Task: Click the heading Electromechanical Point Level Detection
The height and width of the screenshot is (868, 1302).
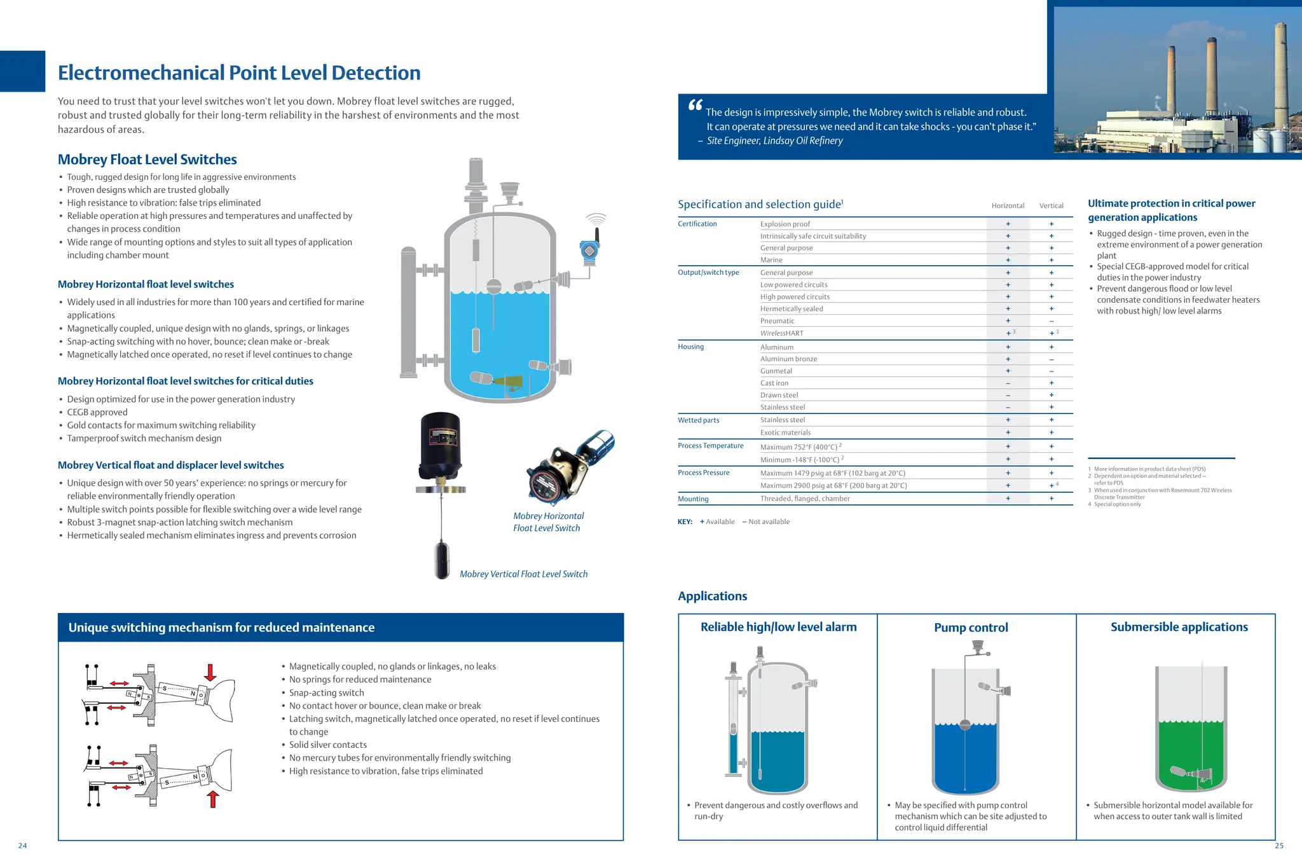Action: (239, 73)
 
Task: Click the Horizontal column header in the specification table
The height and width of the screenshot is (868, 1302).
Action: (1008, 205)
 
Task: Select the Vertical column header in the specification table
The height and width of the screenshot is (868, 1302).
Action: (1051, 205)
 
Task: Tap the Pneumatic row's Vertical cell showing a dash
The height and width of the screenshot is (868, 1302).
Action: (1051, 321)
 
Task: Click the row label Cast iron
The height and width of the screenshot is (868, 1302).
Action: (774, 383)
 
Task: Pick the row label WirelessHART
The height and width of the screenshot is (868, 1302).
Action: (781, 333)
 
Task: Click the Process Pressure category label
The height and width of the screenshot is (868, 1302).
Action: (703, 472)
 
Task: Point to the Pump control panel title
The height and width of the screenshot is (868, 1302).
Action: (971, 628)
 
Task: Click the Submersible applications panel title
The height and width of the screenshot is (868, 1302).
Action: (1179, 627)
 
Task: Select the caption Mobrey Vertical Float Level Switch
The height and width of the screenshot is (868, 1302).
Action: (523, 574)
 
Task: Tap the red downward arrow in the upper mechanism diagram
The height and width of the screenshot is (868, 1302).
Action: (210, 672)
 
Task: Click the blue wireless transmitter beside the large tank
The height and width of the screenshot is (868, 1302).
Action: (590, 251)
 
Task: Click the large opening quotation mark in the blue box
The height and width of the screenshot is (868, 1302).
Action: (695, 106)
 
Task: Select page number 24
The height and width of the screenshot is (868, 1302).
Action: (23, 845)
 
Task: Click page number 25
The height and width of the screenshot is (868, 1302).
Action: (1279, 845)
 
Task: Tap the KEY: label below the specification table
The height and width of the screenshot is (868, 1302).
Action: (685, 521)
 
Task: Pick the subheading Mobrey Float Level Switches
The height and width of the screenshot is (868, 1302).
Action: (147, 160)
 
